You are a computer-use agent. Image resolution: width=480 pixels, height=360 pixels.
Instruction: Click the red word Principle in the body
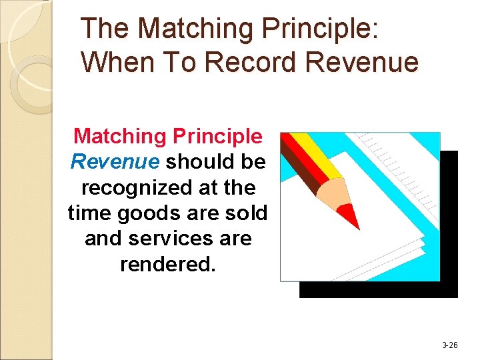217,136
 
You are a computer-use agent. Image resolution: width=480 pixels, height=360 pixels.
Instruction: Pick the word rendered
168,264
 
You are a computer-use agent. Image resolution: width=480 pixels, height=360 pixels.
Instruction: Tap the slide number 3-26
450,345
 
